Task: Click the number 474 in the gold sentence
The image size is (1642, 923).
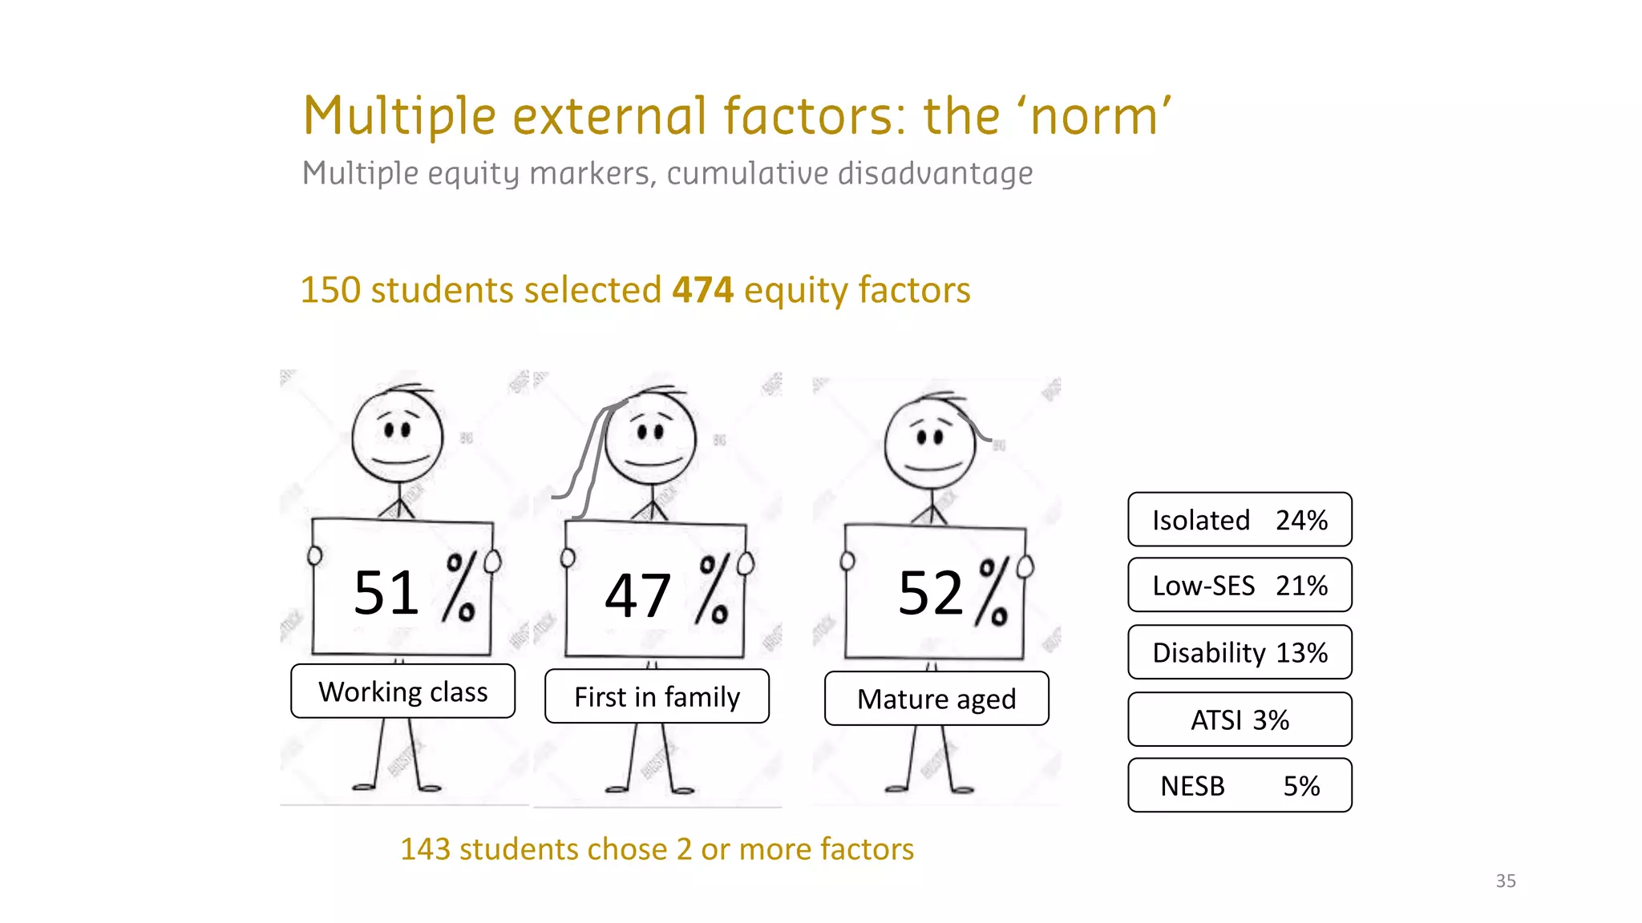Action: click(x=702, y=290)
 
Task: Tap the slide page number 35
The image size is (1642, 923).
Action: click(x=1506, y=881)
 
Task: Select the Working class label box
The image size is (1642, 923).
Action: click(x=402, y=691)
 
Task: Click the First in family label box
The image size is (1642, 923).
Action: click(x=657, y=697)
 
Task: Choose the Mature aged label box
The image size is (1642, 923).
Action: click(x=936, y=699)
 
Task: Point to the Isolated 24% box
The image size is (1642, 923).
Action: click(x=1240, y=520)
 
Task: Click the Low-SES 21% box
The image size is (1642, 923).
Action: click(x=1240, y=586)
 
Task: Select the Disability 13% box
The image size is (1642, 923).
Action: click(x=1240, y=652)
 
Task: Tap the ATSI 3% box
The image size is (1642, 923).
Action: click(x=1240, y=719)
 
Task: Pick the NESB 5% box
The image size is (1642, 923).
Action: click(x=1240, y=785)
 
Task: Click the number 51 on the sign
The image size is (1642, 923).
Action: click(x=386, y=593)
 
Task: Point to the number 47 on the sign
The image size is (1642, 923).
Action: click(x=637, y=596)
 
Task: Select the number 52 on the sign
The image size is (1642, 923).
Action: click(x=930, y=593)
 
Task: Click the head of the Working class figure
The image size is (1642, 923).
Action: click(x=398, y=437)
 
